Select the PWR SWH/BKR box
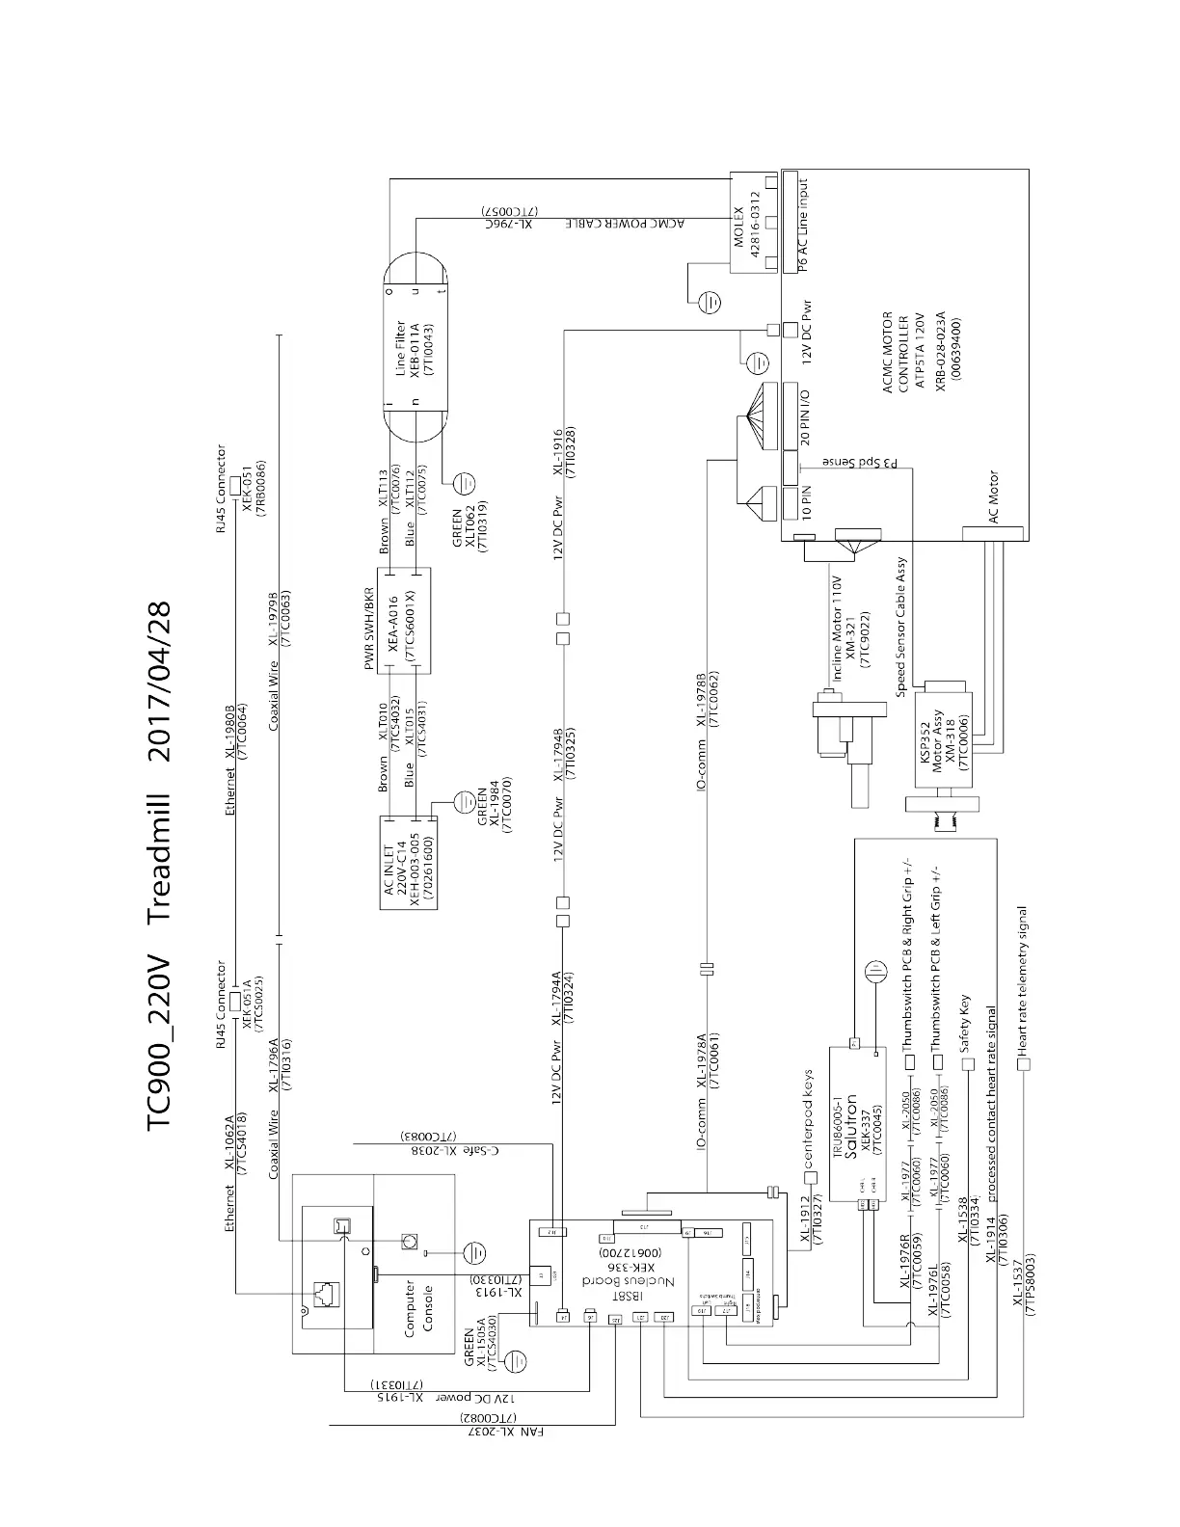point(403,620)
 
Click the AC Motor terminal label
point(994,497)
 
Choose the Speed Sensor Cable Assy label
point(900,628)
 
